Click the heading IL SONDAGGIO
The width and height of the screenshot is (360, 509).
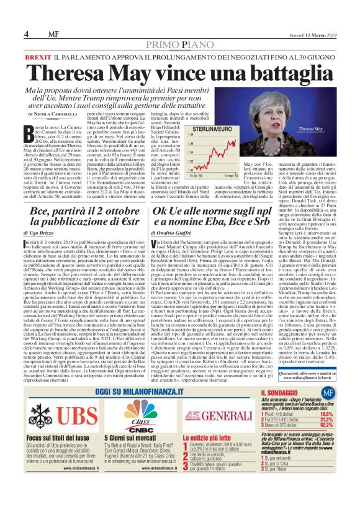285,394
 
